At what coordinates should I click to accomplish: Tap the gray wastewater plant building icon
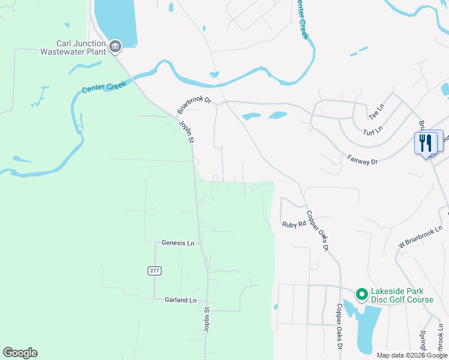115,46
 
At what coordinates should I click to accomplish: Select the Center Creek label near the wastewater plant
101,88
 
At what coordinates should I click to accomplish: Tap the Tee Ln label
375,110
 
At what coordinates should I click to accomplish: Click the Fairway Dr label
362,160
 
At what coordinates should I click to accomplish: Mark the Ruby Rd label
294,224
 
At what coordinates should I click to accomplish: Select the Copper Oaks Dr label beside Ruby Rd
318,230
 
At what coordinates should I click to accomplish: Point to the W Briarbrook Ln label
420,237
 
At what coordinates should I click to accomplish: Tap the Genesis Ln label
178,243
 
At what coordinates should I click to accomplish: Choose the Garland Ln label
180,300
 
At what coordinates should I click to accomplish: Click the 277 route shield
154,271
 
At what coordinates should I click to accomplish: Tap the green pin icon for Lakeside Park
361,294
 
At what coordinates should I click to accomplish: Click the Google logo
20,353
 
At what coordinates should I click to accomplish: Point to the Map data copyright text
411,355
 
